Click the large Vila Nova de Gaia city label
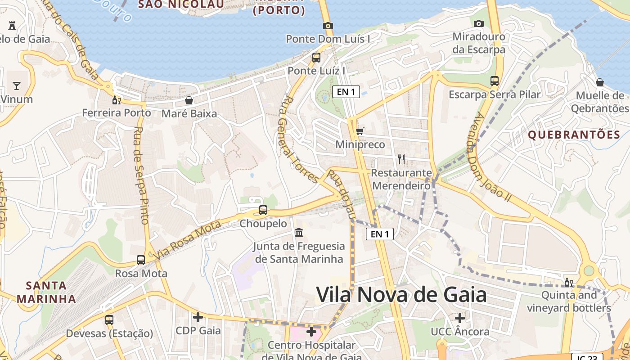pyautogui.click(x=401, y=295)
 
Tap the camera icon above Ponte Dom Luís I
pyautogui.click(x=328, y=26)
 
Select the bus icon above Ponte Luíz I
pyautogui.click(x=316, y=57)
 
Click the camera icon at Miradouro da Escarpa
pyautogui.click(x=479, y=23)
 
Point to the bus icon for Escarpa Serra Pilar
pyautogui.click(x=495, y=81)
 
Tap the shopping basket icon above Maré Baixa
pyautogui.click(x=189, y=100)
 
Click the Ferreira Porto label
pyautogui.click(x=117, y=112)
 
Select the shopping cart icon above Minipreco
pyautogui.click(x=360, y=131)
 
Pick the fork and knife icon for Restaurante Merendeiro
pyautogui.click(x=401, y=159)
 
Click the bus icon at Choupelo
pyautogui.click(x=263, y=210)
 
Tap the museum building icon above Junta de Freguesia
pyautogui.click(x=298, y=233)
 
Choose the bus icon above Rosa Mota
pyautogui.click(x=141, y=260)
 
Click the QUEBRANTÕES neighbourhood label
pyautogui.click(x=574, y=135)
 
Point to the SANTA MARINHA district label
pyautogui.click(x=46, y=292)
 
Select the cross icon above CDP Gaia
pyautogui.click(x=198, y=317)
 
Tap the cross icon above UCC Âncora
pyautogui.click(x=459, y=318)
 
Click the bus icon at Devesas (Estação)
pyautogui.click(x=109, y=320)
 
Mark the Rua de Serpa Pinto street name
pyautogui.click(x=141, y=175)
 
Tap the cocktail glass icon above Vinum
pyautogui.click(x=17, y=85)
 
